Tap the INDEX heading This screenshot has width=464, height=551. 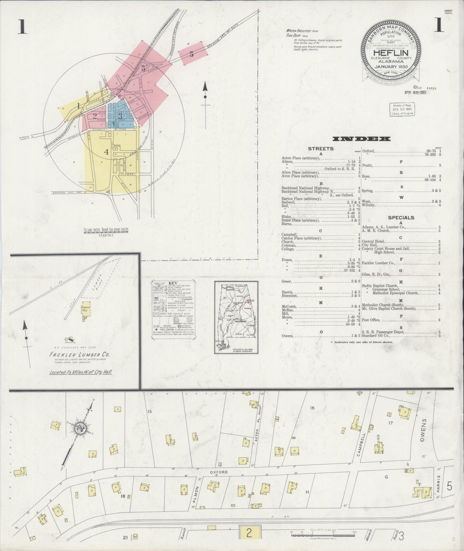pyautogui.click(x=362, y=139)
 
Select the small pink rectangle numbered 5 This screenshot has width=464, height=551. pyautogui.click(x=192, y=54)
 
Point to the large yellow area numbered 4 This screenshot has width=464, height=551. pyautogui.click(x=106, y=152)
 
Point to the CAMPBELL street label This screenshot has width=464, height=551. pyautogui.click(x=361, y=445)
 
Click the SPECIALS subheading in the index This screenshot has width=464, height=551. pyautogui.click(x=401, y=218)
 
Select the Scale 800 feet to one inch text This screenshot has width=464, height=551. pyautogui.click(x=106, y=230)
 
